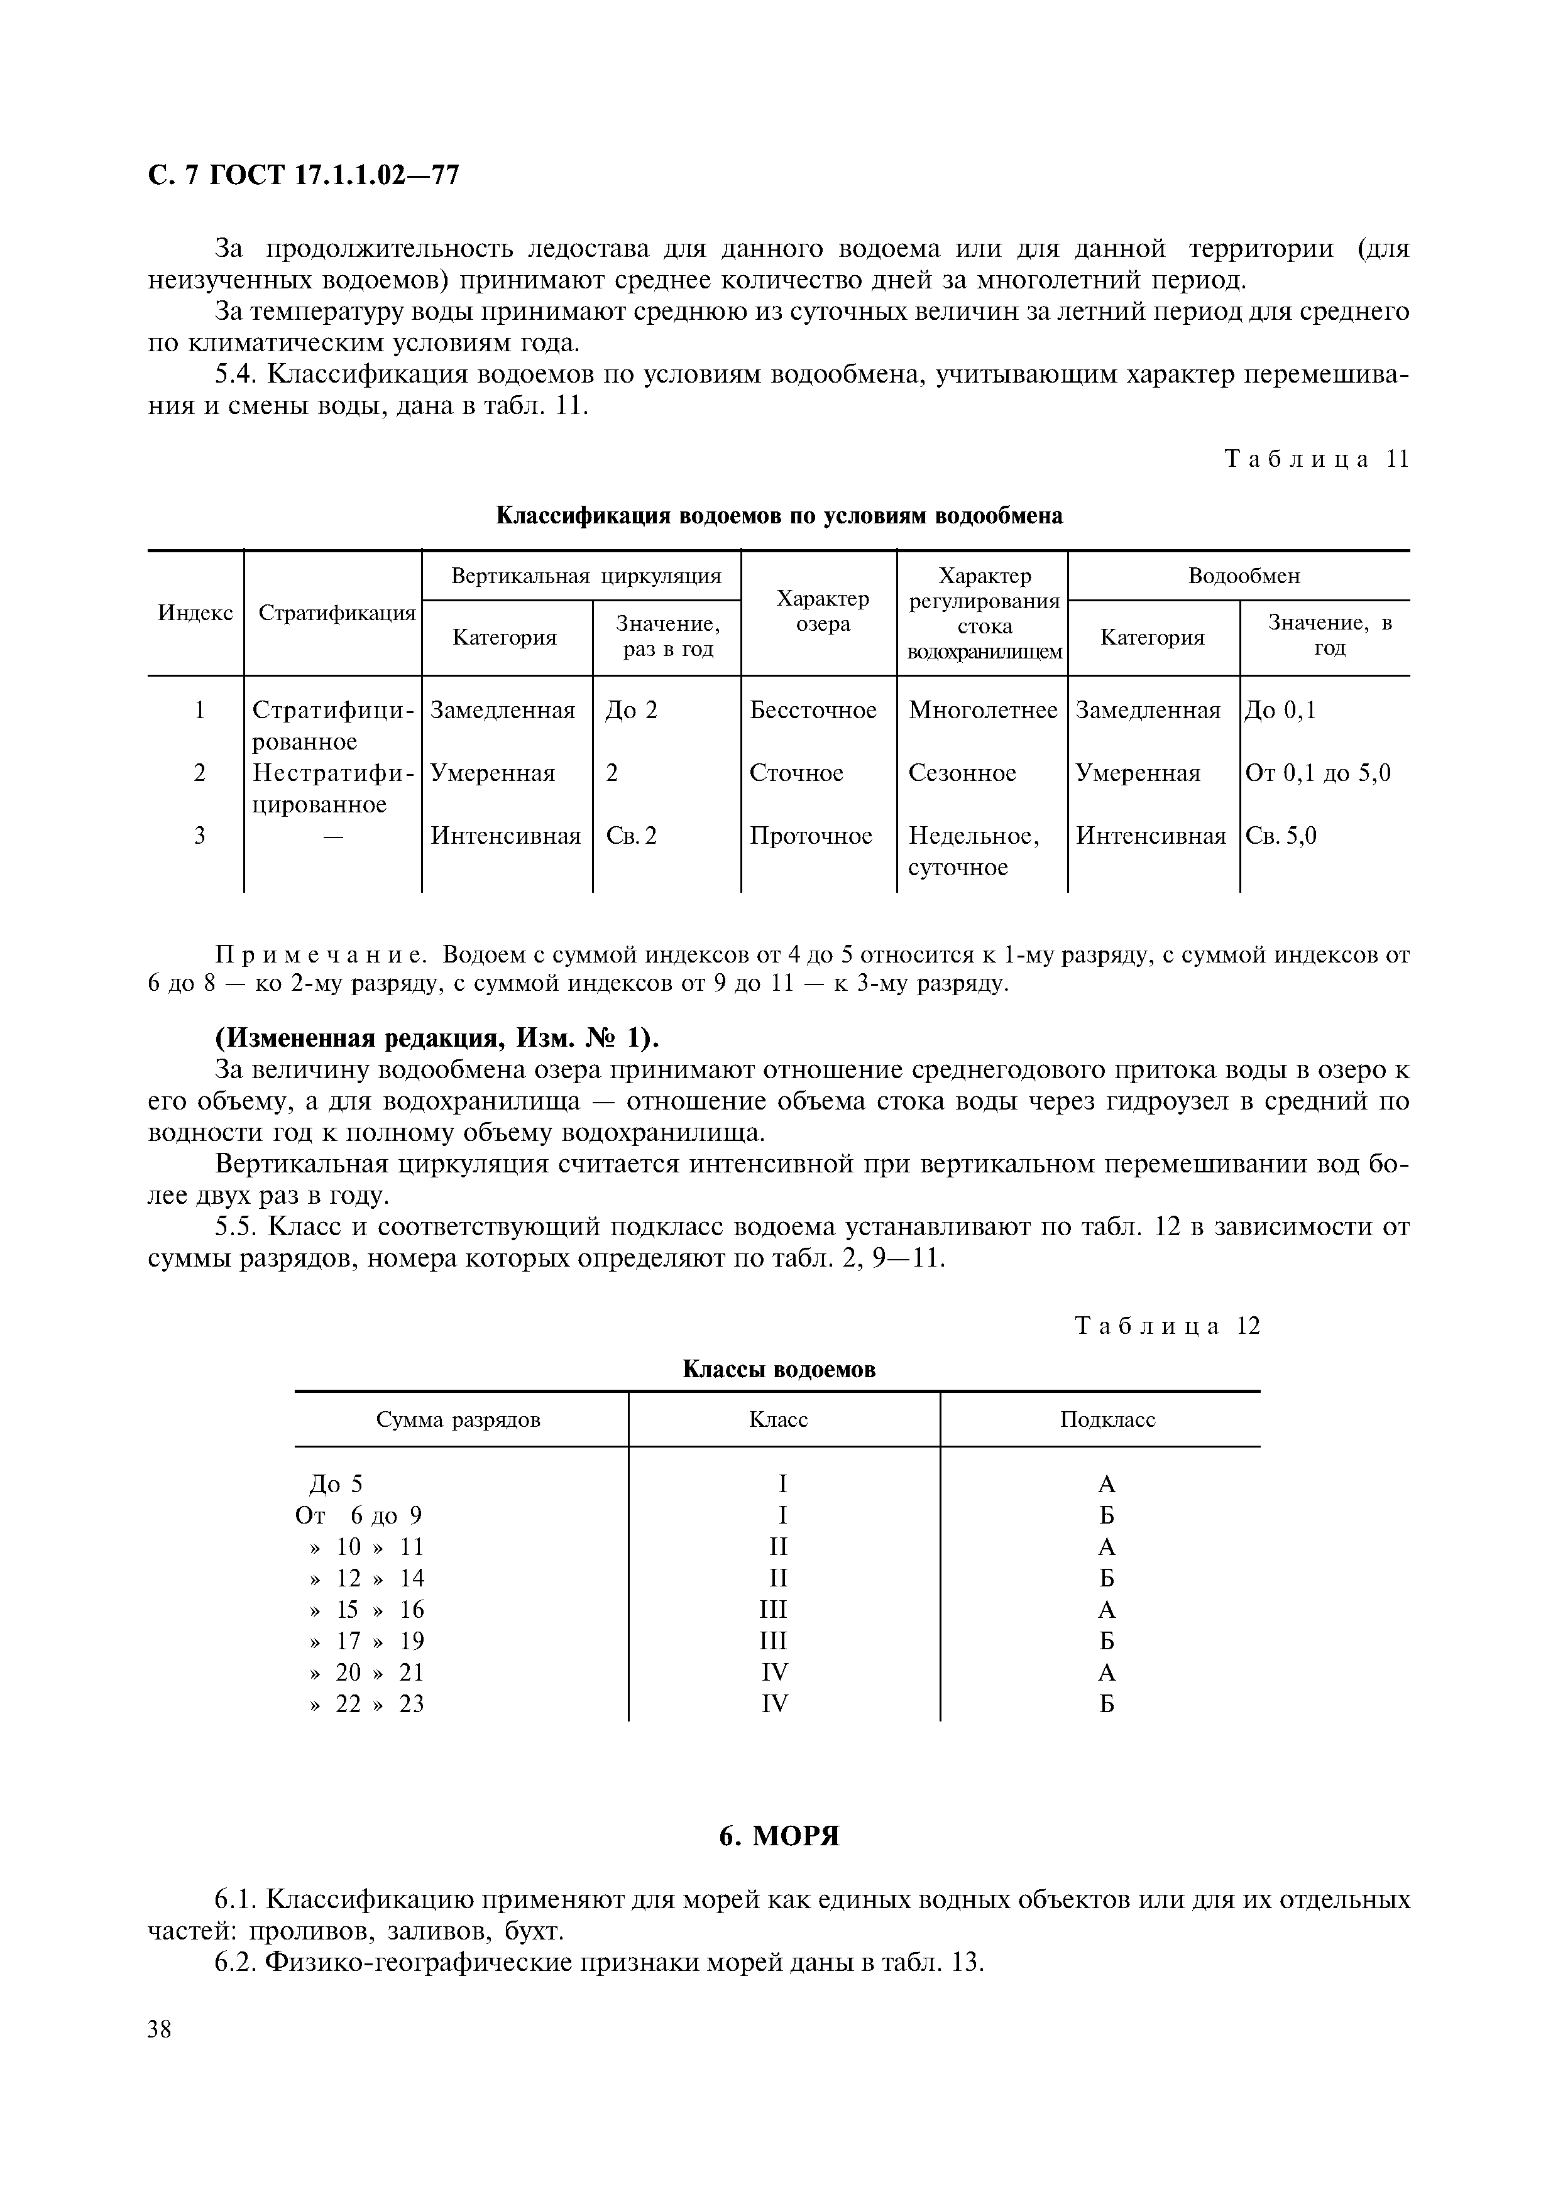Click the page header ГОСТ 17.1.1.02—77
[304, 176]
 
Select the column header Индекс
[195, 613]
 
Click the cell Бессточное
[813, 711]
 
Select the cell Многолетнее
[983, 711]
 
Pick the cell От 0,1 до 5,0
[1318, 773]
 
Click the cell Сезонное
[962, 773]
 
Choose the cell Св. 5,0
[1281, 836]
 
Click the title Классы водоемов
[779, 1369]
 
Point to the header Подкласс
[1107, 1420]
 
